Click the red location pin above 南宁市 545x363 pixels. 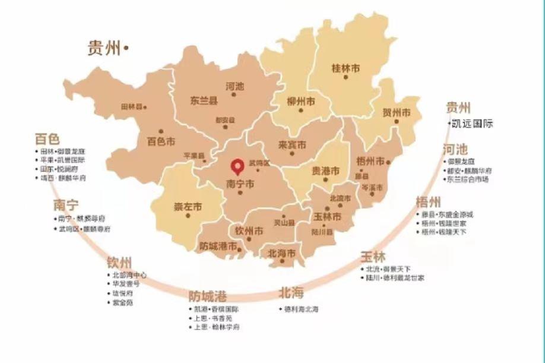pyautogui.click(x=238, y=165)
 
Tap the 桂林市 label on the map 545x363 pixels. pyautogui.click(x=345, y=69)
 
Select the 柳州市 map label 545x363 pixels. pyautogui.click(x=300, y=100)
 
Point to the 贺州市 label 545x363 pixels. pyautogui.click(x=396, y=112)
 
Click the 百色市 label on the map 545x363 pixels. pyautogui.click(x=161, y=142)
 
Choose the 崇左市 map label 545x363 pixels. pyautogui.click(x=188, y=207)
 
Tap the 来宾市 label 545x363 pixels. pyautogui.click(x=292, y=145)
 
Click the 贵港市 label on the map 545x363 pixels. pyautogui.click(x=326, y=171)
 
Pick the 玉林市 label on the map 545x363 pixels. pyautogui.click(x=327, y=217)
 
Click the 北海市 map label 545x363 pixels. pyautogui.click(x=281, y=253)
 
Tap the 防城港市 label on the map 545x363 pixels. pyautogui.click(x=218, y=246)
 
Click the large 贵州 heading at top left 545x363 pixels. pyautogui.click(x=104, y=48)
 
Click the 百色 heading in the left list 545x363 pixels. pyautogui.click(x=47, y=139)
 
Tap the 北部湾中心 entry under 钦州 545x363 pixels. pyautogui.click(x=129, y=276)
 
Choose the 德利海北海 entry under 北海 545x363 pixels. pyautogui.click(x=302, y=310)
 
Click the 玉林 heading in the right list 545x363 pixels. pyautogui.click(x=372, y=257)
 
